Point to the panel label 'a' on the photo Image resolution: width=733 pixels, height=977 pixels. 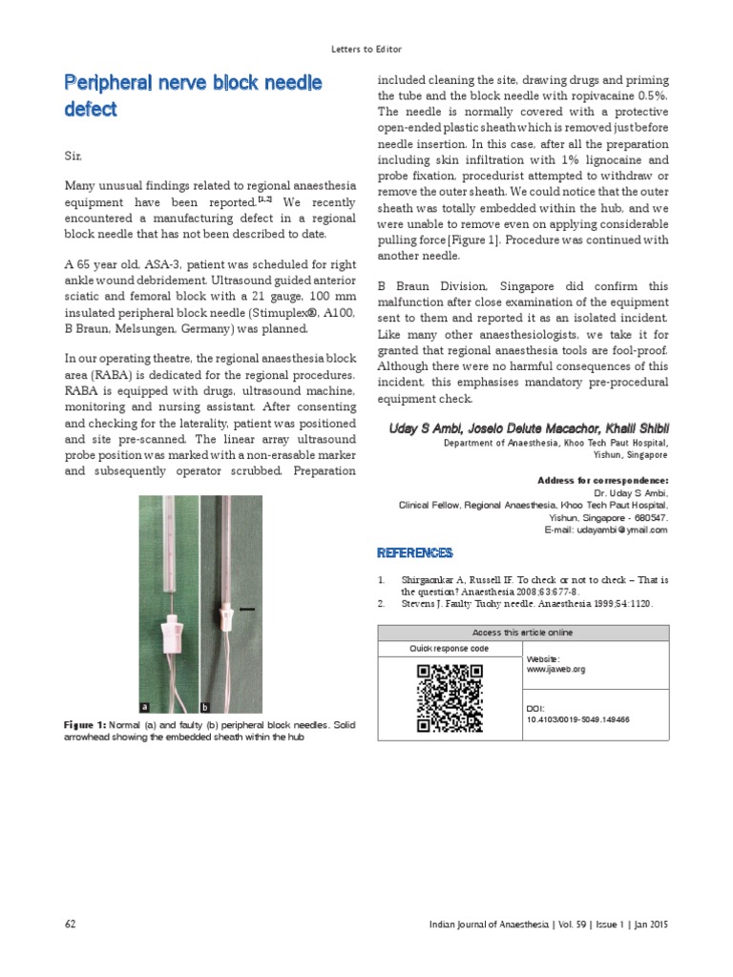pos(145,707)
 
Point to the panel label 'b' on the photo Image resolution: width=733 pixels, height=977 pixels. pos(204,707)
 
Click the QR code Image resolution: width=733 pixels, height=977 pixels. pos(450,698)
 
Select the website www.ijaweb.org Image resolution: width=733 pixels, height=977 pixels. pos(555,670)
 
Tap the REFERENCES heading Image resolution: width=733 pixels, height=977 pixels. pos(414,553)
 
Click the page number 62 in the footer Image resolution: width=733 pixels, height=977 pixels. pos(71,924)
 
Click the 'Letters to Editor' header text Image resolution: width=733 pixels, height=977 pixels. pos(366,49)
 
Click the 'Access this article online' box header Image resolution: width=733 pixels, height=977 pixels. pos(523,633)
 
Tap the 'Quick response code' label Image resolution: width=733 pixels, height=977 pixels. pos(449,649)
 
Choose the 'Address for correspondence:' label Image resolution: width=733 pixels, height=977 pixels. pos(603,480)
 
